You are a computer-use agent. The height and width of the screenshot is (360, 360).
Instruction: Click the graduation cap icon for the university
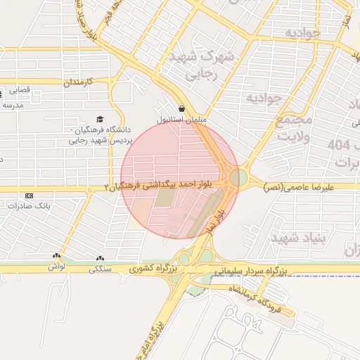(x=100, y=120)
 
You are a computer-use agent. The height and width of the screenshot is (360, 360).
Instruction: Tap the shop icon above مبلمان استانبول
(x=182, y=109)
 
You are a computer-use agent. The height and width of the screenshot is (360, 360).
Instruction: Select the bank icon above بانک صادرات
(x=29, y=195)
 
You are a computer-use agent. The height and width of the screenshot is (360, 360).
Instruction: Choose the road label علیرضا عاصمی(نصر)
(x=307, y=187)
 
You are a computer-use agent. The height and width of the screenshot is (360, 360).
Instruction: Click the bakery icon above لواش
(x=56, y=255)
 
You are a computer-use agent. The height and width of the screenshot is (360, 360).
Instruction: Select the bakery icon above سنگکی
(x=100, y=258)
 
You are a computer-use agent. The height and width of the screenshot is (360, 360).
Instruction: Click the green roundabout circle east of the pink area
(x=239, y=176)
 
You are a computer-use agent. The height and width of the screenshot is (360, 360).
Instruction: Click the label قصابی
(x=22, y=90)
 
